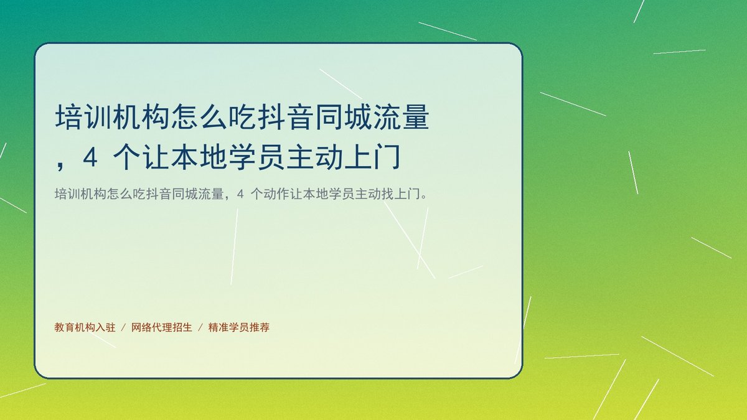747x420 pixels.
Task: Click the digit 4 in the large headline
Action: coord(90,158)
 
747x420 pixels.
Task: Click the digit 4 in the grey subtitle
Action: coord(241,194)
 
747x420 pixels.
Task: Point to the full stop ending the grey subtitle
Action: coord(424,197)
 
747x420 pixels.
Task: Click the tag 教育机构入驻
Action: coord(85,327)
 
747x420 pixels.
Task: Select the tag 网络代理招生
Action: coord(162,327)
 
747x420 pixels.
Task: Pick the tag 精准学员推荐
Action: coord(239,327)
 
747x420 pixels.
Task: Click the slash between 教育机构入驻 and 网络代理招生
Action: coord(123,328)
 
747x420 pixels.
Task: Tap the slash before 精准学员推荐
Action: coord(200,328)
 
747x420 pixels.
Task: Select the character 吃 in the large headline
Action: coord(243,117)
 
